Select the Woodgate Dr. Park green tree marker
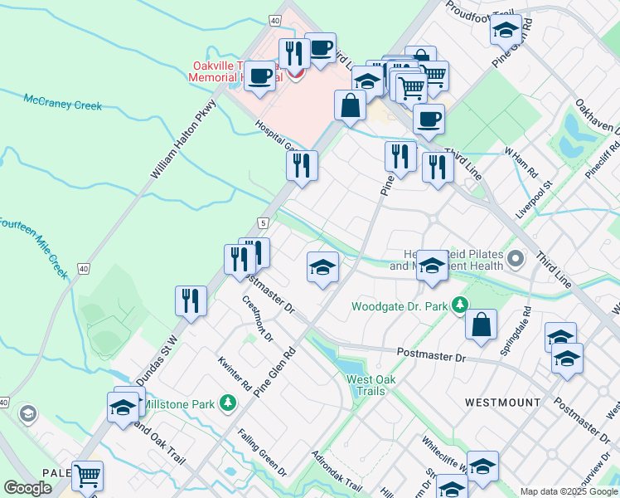click(458, 306)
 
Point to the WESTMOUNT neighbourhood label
click(502, 403)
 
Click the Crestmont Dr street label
click(258, 319)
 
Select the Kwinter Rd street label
click(235, 373)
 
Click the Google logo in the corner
click(27, 488)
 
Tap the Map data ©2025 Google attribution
click(568, 491)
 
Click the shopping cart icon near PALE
click(87, 475)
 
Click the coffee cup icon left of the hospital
click(260, 76)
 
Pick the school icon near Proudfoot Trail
click(506, 31)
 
